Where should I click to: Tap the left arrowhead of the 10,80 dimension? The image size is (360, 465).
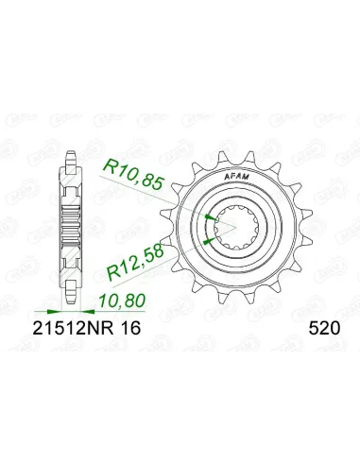coord(65,308)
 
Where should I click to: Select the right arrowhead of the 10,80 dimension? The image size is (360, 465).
coord(85,308)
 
